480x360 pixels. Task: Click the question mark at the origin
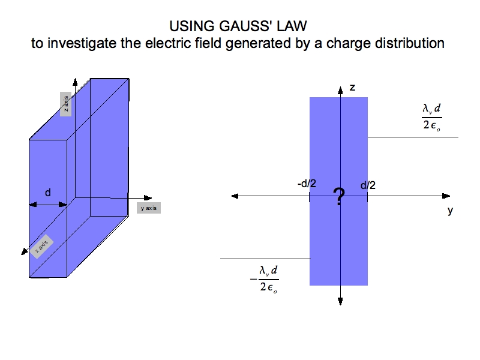click(x=340, y=196)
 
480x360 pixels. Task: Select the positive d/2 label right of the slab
click(x=368, y=185)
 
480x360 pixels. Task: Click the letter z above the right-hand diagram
click(x=352, y=88)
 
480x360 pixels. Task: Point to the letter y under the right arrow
click(x=450, y=211)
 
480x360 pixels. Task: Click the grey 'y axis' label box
click(x=148, y=208)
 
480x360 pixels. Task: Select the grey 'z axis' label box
click(x=65, y=105)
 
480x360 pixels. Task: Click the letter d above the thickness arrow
click(x=48, y=193)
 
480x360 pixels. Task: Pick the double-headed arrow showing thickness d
click(x=49, y=205)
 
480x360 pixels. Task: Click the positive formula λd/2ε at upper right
click(x=431, y=117)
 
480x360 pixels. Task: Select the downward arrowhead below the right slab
click(x=340, y=300)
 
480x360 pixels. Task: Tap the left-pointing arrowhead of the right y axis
click(x=235, y=196)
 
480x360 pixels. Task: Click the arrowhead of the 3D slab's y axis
click(x=148, y=198)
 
